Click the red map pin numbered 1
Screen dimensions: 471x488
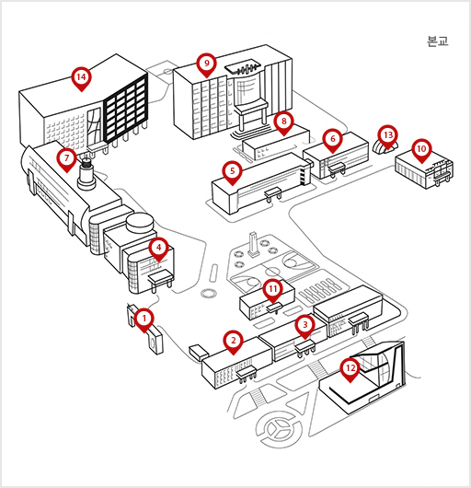[x=144, y=320]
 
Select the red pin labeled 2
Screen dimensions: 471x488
[x=233, y=342]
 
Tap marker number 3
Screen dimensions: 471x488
[x=305, y=326]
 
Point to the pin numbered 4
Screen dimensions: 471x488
[x=158, y=249]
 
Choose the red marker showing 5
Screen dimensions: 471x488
[x=232, y=172]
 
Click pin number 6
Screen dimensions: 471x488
[x=333, y=140]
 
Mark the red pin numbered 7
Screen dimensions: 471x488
[x=66, y=159]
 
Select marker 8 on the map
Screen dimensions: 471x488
[x=284, y=122]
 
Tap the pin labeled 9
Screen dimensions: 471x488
[x=207, y=64]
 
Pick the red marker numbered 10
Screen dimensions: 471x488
[x=421, y=150]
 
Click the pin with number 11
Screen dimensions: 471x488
[x=272, y=290]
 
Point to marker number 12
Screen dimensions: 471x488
[x=350, y=369]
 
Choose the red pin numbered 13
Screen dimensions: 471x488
[x=388, y=136]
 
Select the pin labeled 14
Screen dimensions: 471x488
[x=81, y=78]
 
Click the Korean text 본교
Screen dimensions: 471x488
[x=438, y=41]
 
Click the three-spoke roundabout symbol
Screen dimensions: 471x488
[x=279, y=429]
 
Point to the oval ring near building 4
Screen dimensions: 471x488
[x=208, y=293]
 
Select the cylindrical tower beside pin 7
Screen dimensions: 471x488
[x=86, y=175]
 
